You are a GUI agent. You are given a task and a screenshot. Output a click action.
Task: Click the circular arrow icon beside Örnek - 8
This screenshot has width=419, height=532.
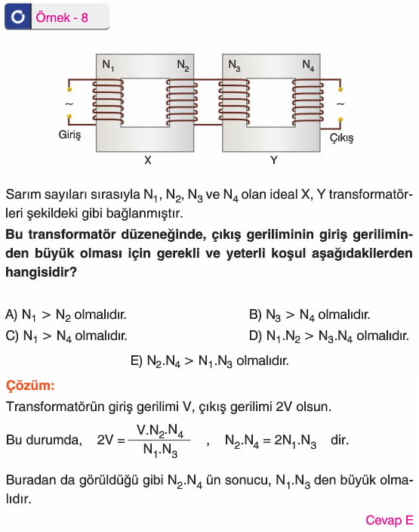click(17, 17)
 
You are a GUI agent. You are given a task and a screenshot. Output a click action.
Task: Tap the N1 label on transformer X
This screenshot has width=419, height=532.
click(108, 66)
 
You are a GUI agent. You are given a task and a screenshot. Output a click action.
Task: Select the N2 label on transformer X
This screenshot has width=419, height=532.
click(183, 65)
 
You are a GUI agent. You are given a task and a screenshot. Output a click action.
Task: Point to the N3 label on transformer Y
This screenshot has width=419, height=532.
click(234, 65)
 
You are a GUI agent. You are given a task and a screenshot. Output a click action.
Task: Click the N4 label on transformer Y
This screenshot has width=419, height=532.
click(308, 65)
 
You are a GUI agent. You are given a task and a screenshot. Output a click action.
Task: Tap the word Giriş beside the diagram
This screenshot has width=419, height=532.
click(69, 135)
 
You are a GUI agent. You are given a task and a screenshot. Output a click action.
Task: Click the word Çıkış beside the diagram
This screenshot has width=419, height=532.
click(342, 138)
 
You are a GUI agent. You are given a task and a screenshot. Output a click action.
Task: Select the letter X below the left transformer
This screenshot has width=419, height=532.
click(147, 159)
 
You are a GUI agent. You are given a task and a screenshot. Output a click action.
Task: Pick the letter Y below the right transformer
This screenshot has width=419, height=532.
click(274, 159)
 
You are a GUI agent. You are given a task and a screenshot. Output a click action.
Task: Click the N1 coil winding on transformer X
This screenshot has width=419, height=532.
click(108, 101)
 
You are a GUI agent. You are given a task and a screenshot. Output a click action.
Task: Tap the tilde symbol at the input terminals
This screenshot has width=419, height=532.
click(69, 104)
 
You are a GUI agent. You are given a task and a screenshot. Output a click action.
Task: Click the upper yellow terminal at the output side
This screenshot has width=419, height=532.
click(340, 89)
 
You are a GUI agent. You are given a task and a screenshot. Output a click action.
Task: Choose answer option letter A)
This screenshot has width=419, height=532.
click(11, 314)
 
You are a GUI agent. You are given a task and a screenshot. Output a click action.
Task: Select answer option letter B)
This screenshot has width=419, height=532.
click(255, 314)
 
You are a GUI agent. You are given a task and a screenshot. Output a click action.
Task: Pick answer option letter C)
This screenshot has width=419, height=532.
click(12, 336)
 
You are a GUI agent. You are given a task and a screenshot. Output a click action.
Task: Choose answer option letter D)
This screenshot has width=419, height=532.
click(256, 336)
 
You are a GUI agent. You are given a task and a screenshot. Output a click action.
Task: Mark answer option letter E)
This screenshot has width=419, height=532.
click(137, 360)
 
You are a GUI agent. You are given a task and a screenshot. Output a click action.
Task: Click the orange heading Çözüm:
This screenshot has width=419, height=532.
click(30, 385)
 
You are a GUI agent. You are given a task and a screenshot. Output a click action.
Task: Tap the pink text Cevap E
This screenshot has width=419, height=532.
click(390, 520)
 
